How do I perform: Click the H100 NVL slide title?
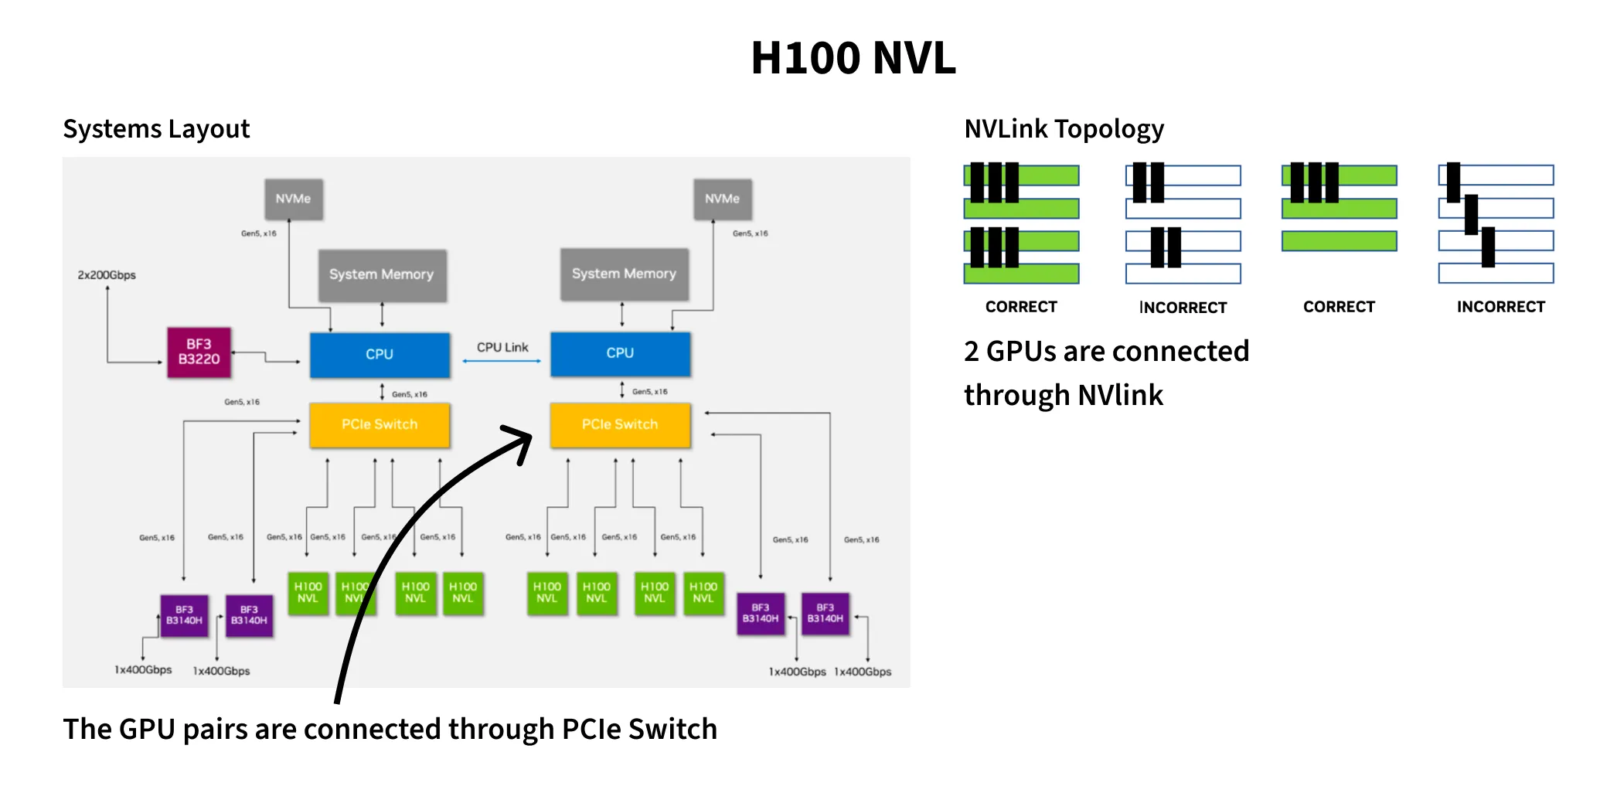click(x=853, y=58)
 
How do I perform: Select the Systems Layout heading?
click(x=156, y=128)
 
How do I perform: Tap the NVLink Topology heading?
click(x=1064, y=128)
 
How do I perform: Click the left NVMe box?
click(x=293, y=199)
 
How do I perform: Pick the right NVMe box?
click(x=722, y=199)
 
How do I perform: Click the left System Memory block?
click(x=382, y=274)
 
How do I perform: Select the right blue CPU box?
click(x=620, y=353)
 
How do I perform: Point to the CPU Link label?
click(x=502, y=347)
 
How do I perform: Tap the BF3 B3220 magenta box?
click(x=199, y=352)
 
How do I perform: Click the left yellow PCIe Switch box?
click(x=380, y=424)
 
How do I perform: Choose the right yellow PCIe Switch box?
click(x=620, y=424)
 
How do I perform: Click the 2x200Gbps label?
click(x=107, y=275)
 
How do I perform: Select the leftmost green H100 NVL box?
click(x=308, y=593)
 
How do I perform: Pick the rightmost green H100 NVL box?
click(x=703, y=593)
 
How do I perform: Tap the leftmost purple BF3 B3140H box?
click(x=184, y=615)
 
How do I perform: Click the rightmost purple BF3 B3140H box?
click(x=826, y=614)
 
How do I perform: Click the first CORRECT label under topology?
click(x=1021, y=307)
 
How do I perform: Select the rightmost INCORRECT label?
click(x=1500, y=307)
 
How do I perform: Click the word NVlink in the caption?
click(x=1120, y=395)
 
